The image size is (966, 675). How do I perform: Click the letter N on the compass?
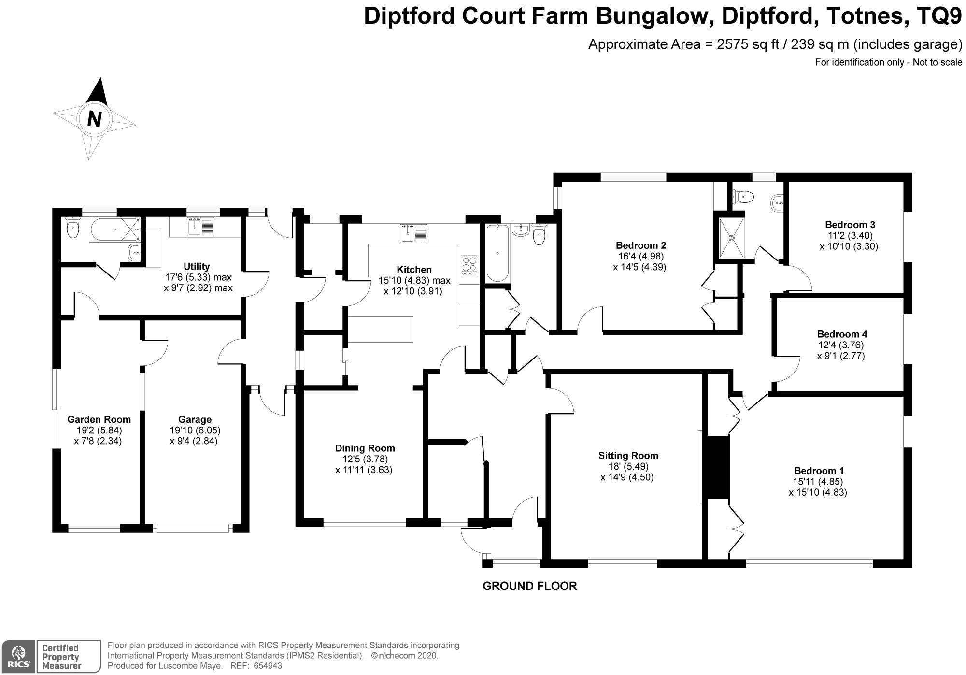(x=95, y=118)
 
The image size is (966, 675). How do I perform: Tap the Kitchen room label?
(x=414, y=270)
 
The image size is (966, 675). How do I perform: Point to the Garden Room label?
(x=99, y=419)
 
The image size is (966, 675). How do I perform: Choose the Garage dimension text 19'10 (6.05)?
(x=195, y=430)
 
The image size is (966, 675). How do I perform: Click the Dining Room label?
(x=365, y=448)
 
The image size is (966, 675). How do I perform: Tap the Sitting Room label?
(x=628, y=456)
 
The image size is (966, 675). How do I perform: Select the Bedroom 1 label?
(x=819, y=471)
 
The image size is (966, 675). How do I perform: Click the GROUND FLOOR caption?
(x=530, y=586)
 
